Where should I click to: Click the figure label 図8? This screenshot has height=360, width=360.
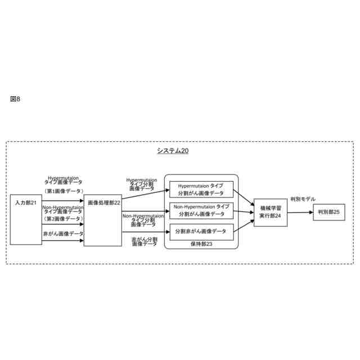(15, 100)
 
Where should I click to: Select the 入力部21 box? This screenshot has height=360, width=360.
(26, 219)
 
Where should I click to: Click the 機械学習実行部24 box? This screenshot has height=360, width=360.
(271, 212)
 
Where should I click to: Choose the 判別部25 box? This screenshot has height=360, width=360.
(329, 212)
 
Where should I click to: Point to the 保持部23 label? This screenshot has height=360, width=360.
(201, 244)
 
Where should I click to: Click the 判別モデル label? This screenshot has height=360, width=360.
(303, 199)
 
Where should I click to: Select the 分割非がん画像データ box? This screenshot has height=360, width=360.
(201, 231)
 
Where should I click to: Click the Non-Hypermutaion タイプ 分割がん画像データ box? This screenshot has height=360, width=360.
(201, 210)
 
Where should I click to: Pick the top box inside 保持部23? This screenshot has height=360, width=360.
(201, 189)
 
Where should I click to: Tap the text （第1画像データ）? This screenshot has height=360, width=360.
(63, 190)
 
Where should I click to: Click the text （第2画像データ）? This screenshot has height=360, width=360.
(63, 218)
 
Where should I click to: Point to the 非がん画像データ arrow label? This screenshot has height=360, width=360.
(63, 233)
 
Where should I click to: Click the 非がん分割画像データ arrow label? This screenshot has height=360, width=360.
(145, 241)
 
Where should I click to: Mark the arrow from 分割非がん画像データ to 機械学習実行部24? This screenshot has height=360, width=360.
(243, 225)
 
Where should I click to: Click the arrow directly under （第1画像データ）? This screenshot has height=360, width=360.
(63, 196)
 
